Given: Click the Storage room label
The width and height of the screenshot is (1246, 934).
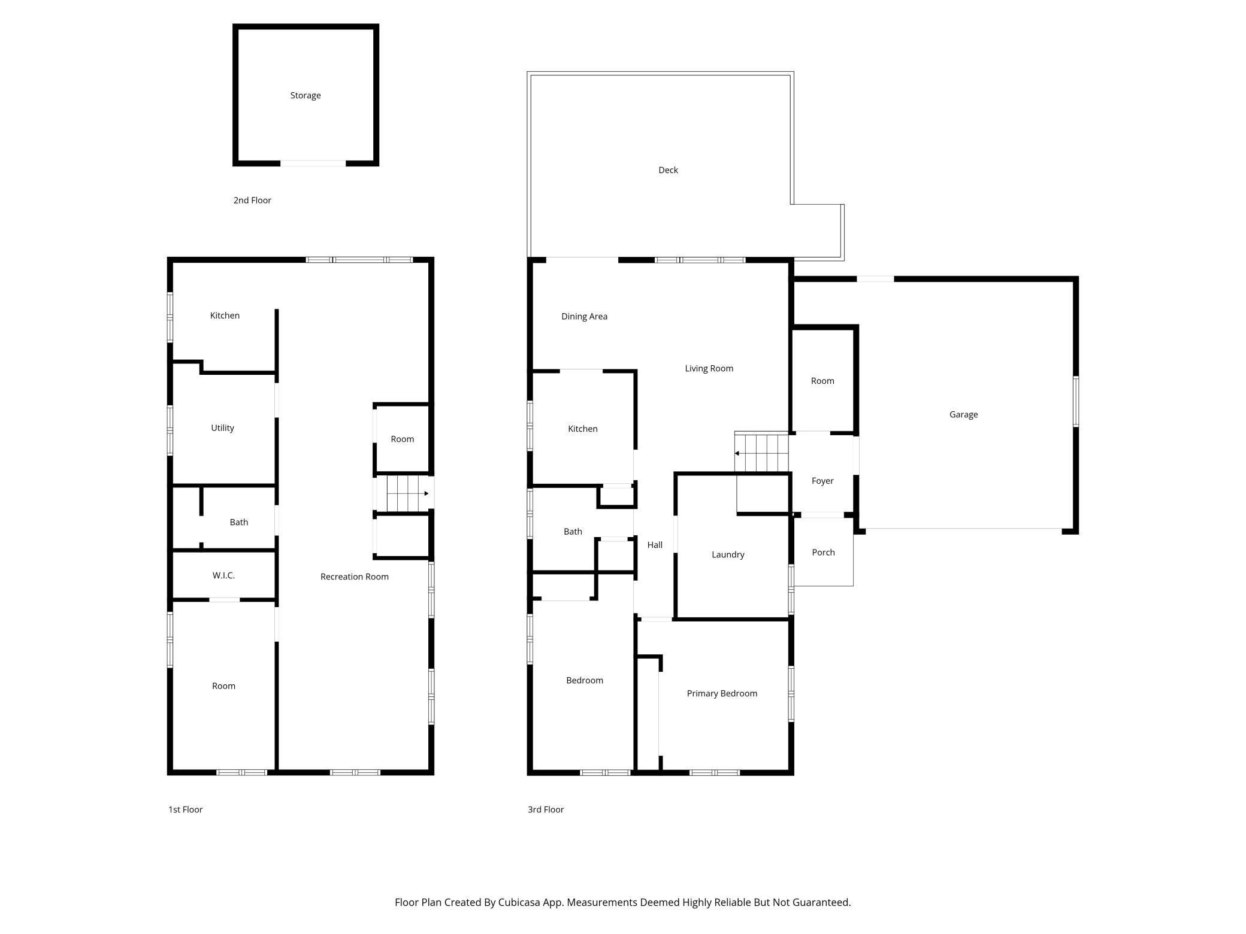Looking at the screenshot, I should pyautogui.click(x=306, y=96).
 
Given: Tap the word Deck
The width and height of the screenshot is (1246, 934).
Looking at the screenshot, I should pyautogui.click(x=668, y=170).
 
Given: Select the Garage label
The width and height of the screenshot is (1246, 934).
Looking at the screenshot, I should pyautogui.click(x=963, y=414).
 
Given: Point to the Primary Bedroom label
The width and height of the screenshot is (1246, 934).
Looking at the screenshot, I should pyautogui.click(x=722, y=693).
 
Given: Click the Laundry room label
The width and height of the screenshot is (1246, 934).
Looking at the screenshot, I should pyautogui.click(x=728, y=554).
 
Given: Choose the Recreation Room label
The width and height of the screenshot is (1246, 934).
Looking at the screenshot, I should pyautogui.click(x=354, y=577).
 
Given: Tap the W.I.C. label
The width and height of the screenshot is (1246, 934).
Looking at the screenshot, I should pyautogui.click(x=223, y=575).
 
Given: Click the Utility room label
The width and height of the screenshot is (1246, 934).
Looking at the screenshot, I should pyautogui.click(x=222, y=428).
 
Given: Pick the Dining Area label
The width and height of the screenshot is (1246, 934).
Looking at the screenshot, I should pyautogui.click(x=584, y=317).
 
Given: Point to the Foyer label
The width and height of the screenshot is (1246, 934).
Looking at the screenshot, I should pyautogui.click(x=822, y=481).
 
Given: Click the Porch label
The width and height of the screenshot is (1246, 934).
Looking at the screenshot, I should pyautogui.click(x=823, y=553).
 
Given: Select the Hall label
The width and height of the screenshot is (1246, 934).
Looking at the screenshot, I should pyautogui.click(x=655, y=545).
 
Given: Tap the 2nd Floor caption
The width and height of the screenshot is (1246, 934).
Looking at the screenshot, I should pyautogui.click(x=252, y=201).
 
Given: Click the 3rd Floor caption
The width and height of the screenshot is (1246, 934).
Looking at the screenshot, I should pyautogui.click(x=545, y=809).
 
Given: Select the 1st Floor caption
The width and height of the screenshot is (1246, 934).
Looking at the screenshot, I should pyautogui.click(x=185, y=809).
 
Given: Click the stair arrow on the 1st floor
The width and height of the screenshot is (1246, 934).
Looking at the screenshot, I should pyautogui.click(x=426, y=493).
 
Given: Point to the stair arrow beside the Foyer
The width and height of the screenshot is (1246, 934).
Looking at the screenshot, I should pyautogui.click(x=737, y=453).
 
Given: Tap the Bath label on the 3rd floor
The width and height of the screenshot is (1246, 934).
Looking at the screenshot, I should pyautogui.click(x=573, y=532).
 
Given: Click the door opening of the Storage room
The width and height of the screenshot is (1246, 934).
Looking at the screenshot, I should pyautogui.click(x=313, y=163).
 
